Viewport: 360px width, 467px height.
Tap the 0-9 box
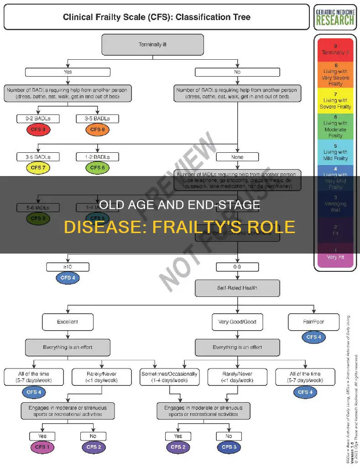237,266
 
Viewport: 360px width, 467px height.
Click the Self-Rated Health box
237,288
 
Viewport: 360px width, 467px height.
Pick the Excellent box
67,322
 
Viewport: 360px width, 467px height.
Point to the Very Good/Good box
237,322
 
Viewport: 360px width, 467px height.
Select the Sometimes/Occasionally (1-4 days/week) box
169,377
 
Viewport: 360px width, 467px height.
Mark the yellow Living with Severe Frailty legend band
336,100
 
